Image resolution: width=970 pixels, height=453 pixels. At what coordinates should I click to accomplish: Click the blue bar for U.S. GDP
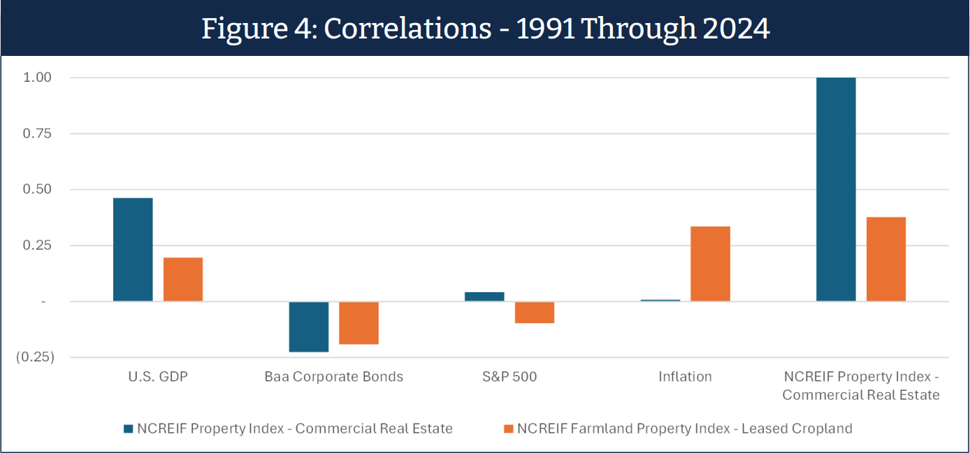(x=133, y=250)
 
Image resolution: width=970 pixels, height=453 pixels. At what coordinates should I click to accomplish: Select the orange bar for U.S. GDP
(x=183, y=280)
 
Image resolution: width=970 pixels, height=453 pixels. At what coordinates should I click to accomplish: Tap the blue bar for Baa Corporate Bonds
(x=309, y=326)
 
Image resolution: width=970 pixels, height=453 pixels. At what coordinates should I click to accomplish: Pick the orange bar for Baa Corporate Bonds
(x=359, y=323)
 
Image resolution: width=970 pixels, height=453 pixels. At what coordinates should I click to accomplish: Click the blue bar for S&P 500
(x=484, y=296)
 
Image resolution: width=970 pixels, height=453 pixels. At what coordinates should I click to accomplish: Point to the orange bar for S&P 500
(x=535, y=312)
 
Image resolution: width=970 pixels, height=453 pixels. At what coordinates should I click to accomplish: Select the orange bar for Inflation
(x=710, y=264)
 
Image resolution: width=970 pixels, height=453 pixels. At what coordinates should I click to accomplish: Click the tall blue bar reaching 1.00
(x=836, y=189)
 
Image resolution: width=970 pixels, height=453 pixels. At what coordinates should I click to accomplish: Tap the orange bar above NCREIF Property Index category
(x=886, y=259)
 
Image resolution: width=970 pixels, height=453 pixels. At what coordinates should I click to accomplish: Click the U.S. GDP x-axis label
(x=158, y=377)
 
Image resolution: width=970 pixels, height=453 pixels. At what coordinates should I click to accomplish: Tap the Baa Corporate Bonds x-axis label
(x=334, y=377)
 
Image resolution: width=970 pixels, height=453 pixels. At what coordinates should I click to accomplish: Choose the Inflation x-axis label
(x=685, y=377)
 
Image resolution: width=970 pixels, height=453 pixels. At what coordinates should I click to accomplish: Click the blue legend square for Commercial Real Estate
(x=127, y=429)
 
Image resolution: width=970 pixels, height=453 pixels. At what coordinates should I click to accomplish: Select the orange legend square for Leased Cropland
(x=508, y=429)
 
